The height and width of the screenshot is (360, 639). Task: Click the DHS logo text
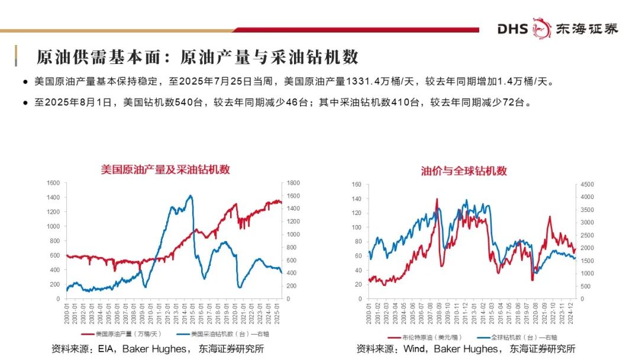[x=512, y=28]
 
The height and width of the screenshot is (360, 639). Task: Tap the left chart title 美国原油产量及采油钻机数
[x=165, y=169]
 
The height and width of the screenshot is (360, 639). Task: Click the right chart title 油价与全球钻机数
[x=464, y=171]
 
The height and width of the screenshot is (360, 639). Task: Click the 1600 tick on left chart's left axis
[x=54, y=183]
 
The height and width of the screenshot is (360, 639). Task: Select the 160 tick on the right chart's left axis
[x=356, y=184]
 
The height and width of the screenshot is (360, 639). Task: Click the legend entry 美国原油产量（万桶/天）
[x=122, y=334]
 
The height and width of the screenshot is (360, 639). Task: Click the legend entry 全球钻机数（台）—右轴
[x=518, y=336]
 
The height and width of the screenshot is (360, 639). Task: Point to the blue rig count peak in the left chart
[x=190, y=196]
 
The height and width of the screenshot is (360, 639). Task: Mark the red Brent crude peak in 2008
[x=437, y=200]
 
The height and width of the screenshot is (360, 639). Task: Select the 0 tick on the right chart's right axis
[x=582, y=299]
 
